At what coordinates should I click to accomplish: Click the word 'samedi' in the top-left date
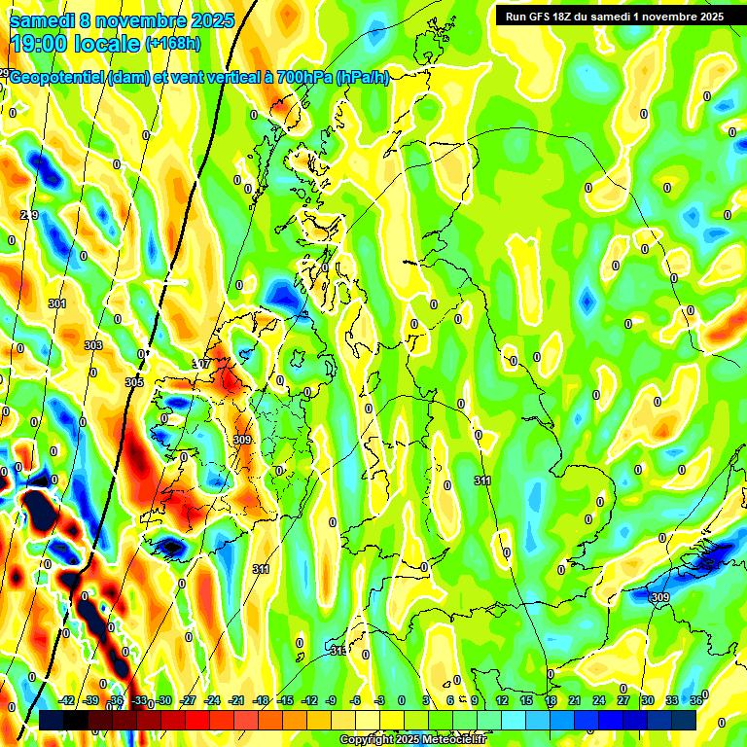pyautogui.click(x=43, y=20)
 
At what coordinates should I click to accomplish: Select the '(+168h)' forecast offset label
pyautogui.click(x=172, y=44)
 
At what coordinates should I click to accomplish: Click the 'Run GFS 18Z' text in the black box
pyautogui.click(x=541, y=17)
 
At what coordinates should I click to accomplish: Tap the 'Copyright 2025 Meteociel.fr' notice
pyautogui.click(x=411, y=740)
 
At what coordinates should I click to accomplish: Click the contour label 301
pyautogui.click(x=57, y=304)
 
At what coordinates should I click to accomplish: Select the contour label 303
pyautogui.click(x=93, y=345)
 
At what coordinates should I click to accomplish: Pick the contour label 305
pyautogui.click(x=134, y=382)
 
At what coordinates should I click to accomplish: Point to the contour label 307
pyautogui.click(x=201, y=364)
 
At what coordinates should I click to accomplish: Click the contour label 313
pyautogui.click(x=338, y=650)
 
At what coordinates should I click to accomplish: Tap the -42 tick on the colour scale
pyautogui.click(x=67, y=700)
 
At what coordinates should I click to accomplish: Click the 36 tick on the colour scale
pyautogui.click(x=696, y=700)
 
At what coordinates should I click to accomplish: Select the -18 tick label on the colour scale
pyautogui.click(x=261, y=700)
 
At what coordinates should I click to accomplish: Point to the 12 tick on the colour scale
pyautogui.click(x=502, y=700)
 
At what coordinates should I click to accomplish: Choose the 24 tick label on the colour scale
pyautogui.click(x=599, y=700)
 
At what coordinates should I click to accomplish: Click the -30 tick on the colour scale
pyautogui.click(x=164, y=700)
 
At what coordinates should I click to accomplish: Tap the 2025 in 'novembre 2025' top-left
pyautogui.click(x=209, y=20)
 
